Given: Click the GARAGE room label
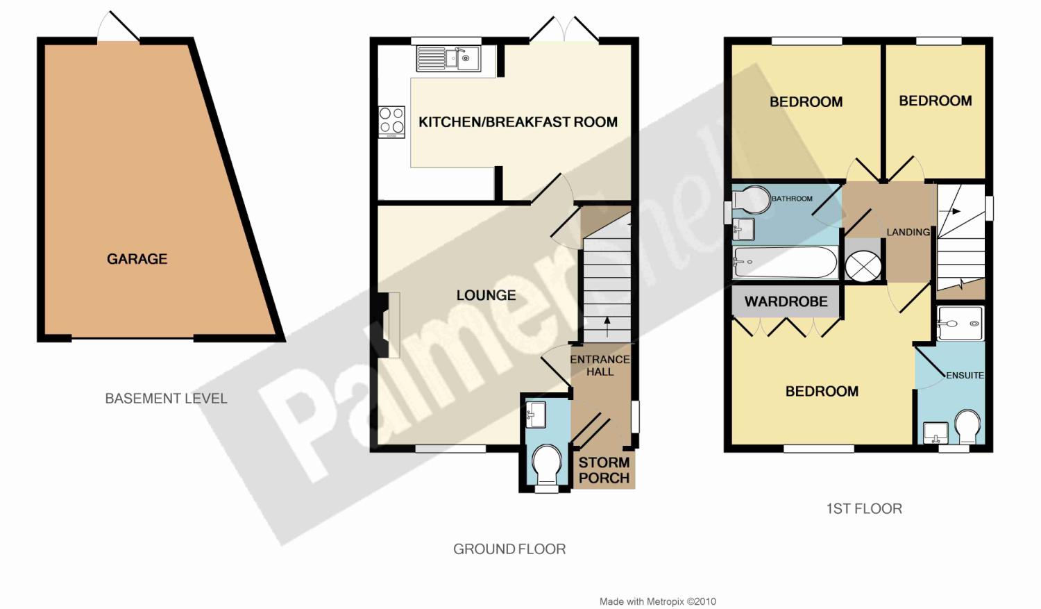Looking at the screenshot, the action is [137, 259].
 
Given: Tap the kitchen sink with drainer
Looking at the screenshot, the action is [448, 58].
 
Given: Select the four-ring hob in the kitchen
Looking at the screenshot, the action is [392, 122].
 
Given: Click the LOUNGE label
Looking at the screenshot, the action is [486, 295].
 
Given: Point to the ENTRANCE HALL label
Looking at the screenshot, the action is [600, 365].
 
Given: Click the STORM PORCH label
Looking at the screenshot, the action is [604, 470].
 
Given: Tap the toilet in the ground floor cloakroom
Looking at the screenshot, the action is [547, 466].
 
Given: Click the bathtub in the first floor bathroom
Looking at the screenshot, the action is [786, 262].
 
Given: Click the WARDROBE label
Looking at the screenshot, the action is [786, 301].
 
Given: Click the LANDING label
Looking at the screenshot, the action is [908, 232].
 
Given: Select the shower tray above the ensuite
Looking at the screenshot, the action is [960, 324].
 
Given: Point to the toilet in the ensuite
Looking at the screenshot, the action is [968, 426].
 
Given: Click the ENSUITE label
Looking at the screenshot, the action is [965, 375].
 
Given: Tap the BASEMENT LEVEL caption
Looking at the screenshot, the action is [167, 399].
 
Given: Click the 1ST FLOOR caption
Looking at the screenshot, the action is [865, 508].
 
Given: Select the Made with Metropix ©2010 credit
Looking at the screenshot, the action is [658, 601].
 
